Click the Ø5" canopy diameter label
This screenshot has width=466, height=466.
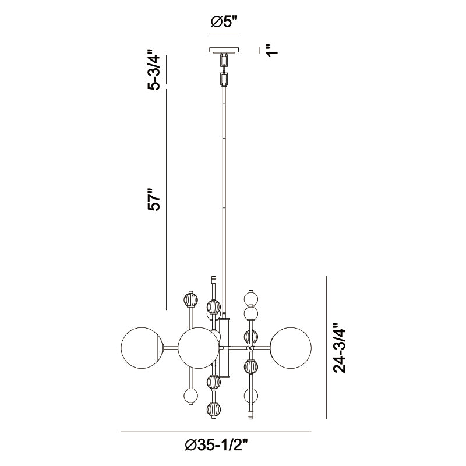pos(224,22)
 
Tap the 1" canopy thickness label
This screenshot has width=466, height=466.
pos(272,50)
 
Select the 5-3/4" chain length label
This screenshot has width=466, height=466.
pos(154,69)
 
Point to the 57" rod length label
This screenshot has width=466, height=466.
pos(154,199)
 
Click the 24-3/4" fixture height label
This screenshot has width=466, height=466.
pos(340,348)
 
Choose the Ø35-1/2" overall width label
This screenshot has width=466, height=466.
pos(216,445)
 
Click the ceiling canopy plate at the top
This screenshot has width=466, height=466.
pos(224,50)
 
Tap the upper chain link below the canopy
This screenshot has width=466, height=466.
pos(224,61)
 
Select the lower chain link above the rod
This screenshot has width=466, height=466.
pos(224,79)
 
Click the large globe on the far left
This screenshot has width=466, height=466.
pos(142,348)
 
